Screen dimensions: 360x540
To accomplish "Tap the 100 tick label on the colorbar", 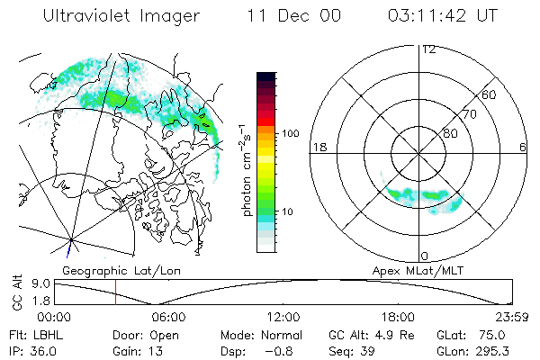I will coord(291,132).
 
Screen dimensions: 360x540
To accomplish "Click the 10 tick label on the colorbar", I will coord(287,212).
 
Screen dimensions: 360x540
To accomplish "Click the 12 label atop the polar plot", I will coord(428,49).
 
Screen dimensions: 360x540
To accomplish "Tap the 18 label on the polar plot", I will coord(318,147).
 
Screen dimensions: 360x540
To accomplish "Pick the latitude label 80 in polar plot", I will coord(450,133).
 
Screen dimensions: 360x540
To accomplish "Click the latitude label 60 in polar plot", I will coord(490,94).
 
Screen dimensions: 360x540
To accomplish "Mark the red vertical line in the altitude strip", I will coord(115,292).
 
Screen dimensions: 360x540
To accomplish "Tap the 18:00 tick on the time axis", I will coord(398,317).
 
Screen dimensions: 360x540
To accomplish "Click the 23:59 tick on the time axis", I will coord(510,317).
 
